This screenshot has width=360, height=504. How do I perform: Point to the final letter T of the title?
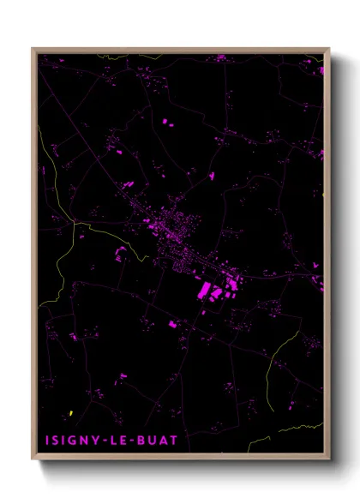pyautogui.click(x=174, y=441)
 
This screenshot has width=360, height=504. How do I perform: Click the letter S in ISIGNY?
pyautogui.click(x=56, y=441)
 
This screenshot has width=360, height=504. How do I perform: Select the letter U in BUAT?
pyautogui.click(x=152, y=441)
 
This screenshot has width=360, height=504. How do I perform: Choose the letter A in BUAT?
pyautogui.click(x=163, y=441)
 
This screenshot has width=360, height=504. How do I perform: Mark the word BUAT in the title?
pyautogui.click(x=157, y=441)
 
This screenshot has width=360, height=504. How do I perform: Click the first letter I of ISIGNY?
pyautogui.click(x=47, y=441)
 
